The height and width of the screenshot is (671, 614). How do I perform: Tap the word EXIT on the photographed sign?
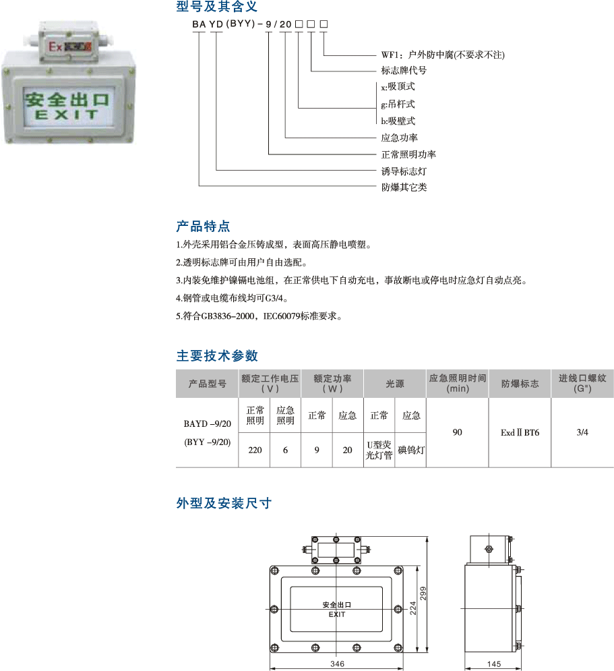click(67, 115)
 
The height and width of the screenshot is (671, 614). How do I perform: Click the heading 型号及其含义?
click(216, 7)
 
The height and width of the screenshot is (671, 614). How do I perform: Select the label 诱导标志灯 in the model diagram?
click(404, 171)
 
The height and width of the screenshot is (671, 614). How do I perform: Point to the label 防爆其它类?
click(404, 187)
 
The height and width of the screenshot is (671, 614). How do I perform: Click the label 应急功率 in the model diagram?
click(399, 138)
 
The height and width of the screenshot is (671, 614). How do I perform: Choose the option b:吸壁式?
click(398, 121)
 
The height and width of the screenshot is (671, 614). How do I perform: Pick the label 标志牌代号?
click(404, 70)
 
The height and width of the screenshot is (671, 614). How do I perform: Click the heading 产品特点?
click(203, 226)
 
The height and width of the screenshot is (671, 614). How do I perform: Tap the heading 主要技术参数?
click(217, 355)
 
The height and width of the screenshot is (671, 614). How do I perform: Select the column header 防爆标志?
click(520, 384)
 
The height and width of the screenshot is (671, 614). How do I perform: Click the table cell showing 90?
click(457, 432)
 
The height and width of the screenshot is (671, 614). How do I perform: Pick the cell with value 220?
click(255, 450)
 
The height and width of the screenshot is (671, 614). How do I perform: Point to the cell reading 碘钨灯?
click(410, 450)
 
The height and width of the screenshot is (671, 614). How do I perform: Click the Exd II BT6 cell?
click(520, 432)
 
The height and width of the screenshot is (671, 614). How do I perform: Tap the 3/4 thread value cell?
click(582, 432)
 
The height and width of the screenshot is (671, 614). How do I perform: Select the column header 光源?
click(394, 384)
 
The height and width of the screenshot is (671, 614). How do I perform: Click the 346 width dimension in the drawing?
click(338, 664)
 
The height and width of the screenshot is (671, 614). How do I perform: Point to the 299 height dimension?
click(423, 593)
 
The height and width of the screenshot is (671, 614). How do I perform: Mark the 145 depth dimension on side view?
click(493, 664)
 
